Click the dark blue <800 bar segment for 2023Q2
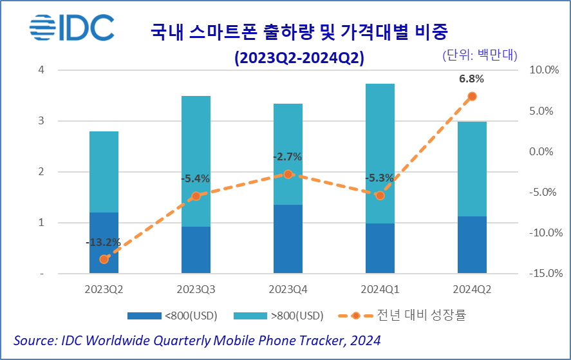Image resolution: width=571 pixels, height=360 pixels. [104, 243]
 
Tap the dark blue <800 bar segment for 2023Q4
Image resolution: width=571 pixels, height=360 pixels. [288, 239]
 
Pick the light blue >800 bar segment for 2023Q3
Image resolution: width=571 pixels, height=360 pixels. [196, 161]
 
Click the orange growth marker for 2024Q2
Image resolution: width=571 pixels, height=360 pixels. [472, 96]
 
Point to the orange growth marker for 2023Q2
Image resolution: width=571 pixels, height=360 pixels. [104, 259]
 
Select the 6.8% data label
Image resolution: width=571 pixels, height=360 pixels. [471, 79]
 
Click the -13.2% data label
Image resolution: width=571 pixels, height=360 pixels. [103, 243]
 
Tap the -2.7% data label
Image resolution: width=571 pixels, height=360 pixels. [287, 157]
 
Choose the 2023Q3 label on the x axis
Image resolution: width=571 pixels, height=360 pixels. [196, 289]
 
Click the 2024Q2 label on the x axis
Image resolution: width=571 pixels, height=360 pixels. [471, 289]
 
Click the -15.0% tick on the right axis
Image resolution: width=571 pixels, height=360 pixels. [541, 274]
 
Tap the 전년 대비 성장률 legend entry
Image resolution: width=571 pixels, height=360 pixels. [429, 316]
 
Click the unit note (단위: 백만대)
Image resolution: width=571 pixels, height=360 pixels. [480, 55]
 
